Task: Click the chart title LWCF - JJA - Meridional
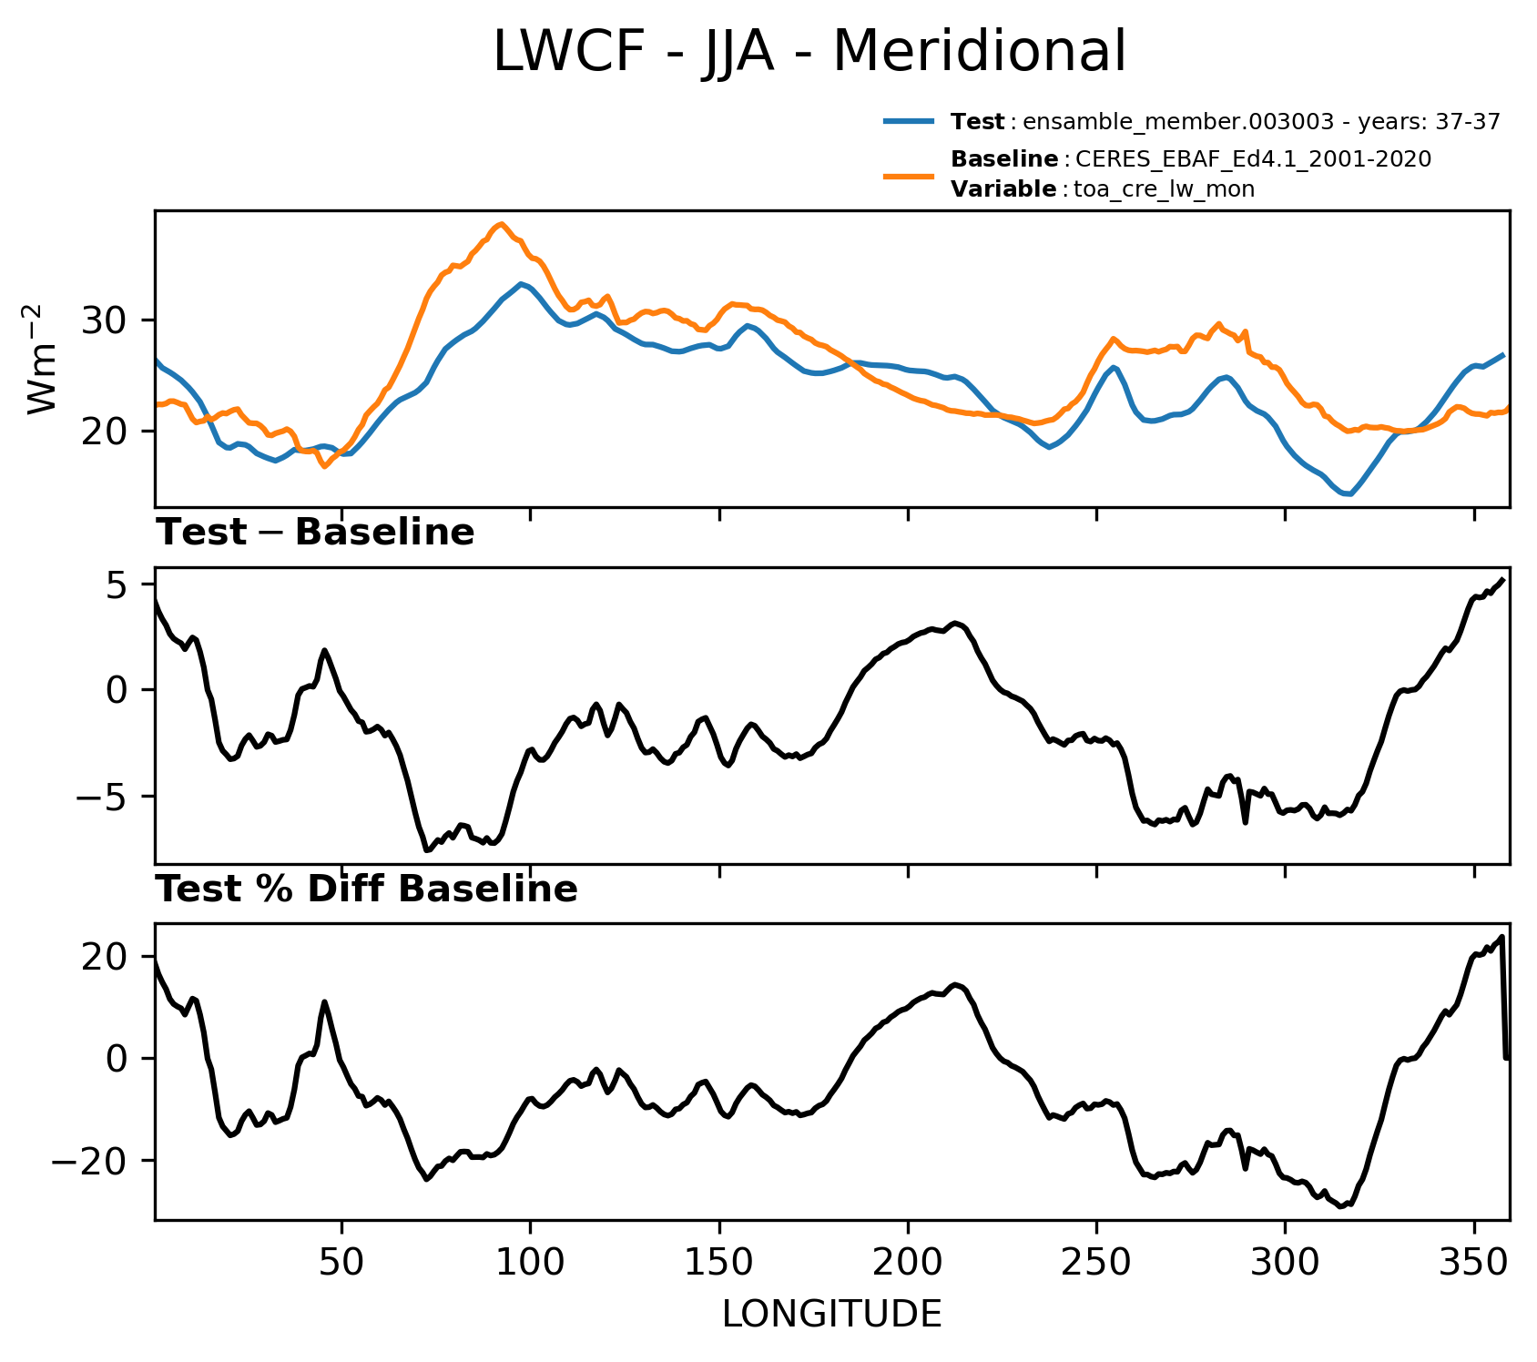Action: [809, 51]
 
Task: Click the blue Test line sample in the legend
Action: [908, 121]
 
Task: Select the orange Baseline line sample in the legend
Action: [908, 175]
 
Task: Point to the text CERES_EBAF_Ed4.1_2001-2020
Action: [1254, 160]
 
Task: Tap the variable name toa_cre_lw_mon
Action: [1165, 189]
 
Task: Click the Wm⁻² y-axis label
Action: [43, 359]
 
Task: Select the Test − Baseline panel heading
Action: [315, 533]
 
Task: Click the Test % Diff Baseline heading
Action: [367, 889]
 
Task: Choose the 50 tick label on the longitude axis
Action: [342, 1264]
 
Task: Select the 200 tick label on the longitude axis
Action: [908, 1264]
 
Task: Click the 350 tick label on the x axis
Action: [1473, 1264]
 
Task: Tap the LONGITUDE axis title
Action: [832, 1315]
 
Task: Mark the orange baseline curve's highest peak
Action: [501, 224]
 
